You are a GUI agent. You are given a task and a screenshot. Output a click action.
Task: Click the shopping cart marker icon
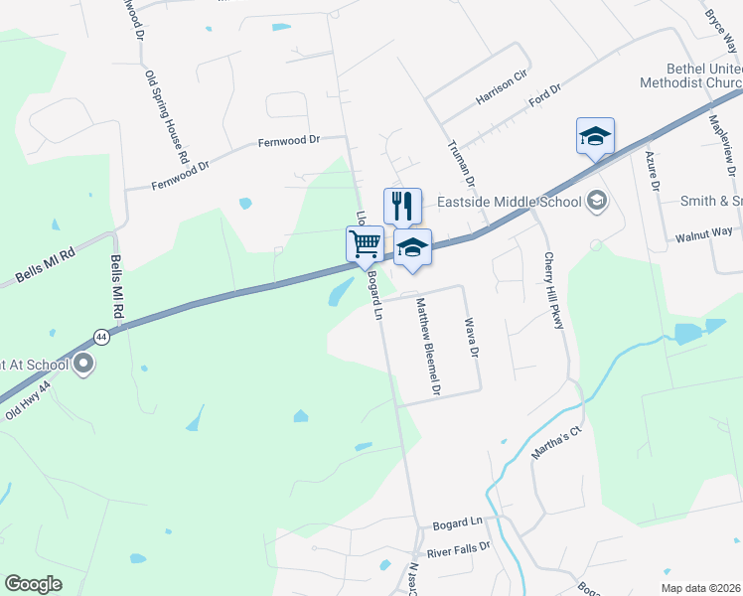pyautogui.click(x=366, y=242)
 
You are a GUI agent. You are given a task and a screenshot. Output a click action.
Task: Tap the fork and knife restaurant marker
pyautogui.click(x=402, y=205)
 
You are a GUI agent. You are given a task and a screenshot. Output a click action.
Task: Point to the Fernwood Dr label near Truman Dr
pyautogui.click(x=289, y=141)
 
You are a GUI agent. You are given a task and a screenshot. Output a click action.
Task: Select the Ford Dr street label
pyautogui.click(x=545, y=97)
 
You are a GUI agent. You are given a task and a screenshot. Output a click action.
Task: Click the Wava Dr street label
pyautogui.click(x=472, y=339)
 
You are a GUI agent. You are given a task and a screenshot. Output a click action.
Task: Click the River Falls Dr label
pyautogui.click(x=459, y=548)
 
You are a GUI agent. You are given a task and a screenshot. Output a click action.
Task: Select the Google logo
pyautogui.click(x=33, y=584)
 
